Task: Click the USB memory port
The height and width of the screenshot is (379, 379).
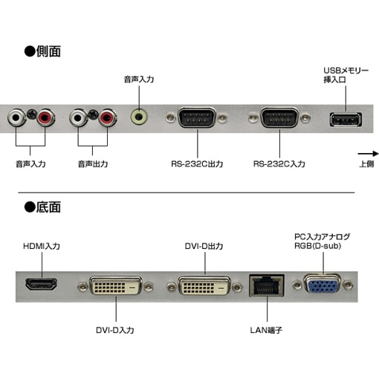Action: [x=346, y=120]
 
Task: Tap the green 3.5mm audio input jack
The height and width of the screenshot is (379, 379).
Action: [x=139, y=117]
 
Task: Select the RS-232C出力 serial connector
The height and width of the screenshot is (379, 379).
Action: [x=197, y=117]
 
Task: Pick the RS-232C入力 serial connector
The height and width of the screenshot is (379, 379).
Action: [x=279, y=117]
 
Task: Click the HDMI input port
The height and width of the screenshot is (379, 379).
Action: [x=42, y=284]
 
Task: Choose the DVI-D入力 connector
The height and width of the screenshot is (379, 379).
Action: [x=116, y=285]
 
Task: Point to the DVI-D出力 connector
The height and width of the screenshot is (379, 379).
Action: [x=204, y=285]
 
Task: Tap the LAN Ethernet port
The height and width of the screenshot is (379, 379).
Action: [x=267, y=285]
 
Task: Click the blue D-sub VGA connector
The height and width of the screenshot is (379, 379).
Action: [x=323, y=285]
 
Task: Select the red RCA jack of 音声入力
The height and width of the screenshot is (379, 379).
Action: [x=45, y=117]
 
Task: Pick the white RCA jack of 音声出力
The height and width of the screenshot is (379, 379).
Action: [x=78, y=117]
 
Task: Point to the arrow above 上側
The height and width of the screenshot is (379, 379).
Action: [x=368, y=154]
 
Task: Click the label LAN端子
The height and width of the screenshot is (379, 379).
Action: [x=266, y=330]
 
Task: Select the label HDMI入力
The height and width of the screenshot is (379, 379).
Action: [x=42, y=246]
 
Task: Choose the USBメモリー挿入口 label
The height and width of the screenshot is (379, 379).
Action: [x=346, y=75]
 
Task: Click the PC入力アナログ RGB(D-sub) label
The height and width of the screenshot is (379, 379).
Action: [x=322, y=242]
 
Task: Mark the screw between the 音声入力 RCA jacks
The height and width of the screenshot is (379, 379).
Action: [x=31, y=114]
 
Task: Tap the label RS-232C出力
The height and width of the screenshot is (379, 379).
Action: [x=197, y=163]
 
